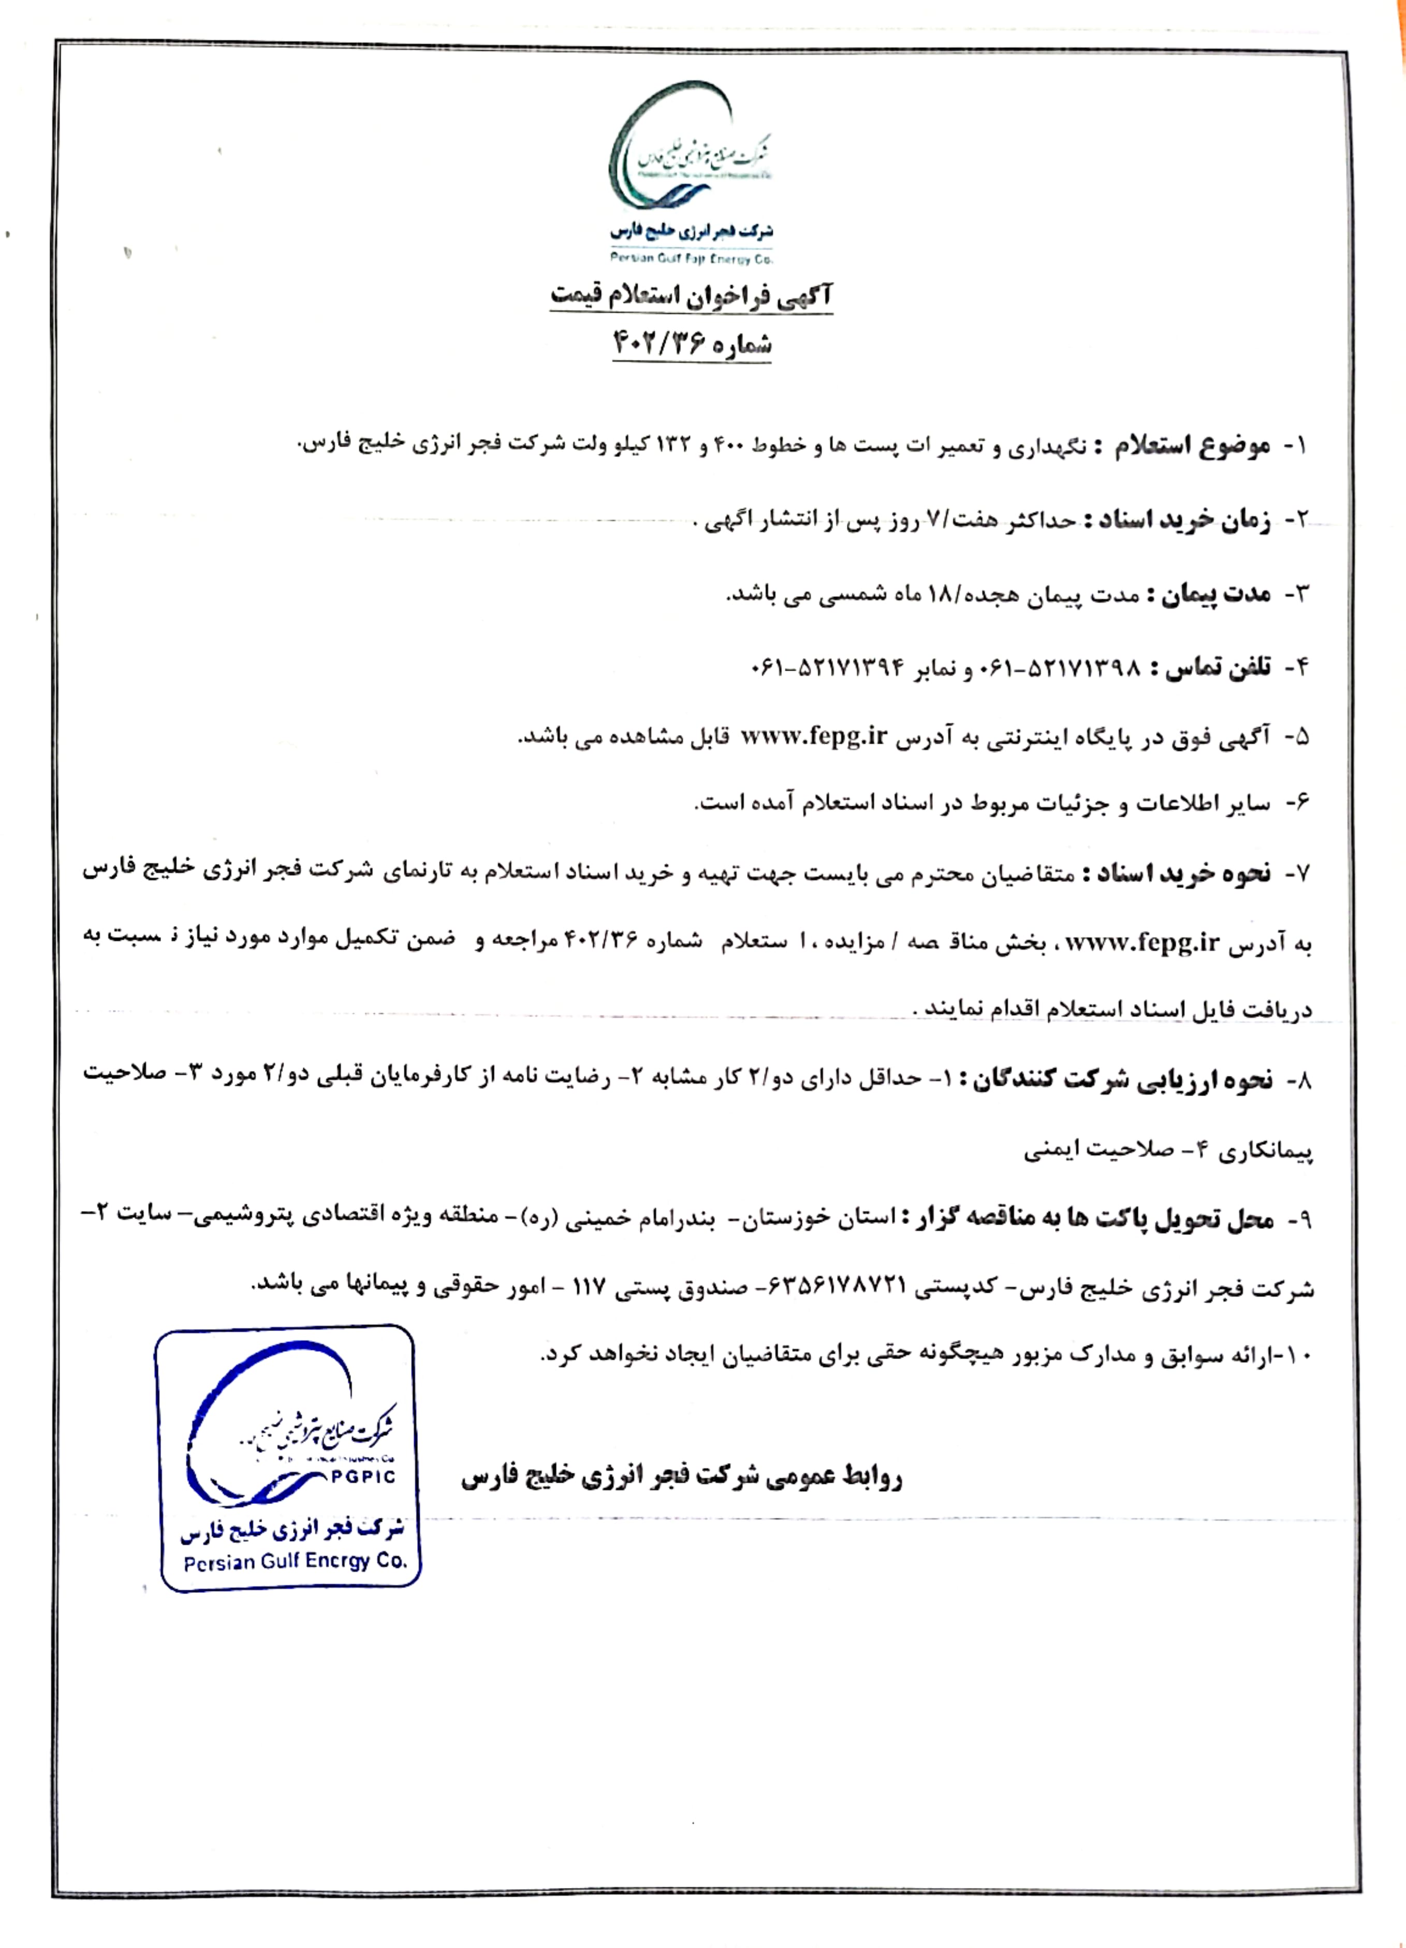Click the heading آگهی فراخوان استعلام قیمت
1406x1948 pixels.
pos(692,297)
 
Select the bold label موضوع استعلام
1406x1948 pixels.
pos(1193,447)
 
